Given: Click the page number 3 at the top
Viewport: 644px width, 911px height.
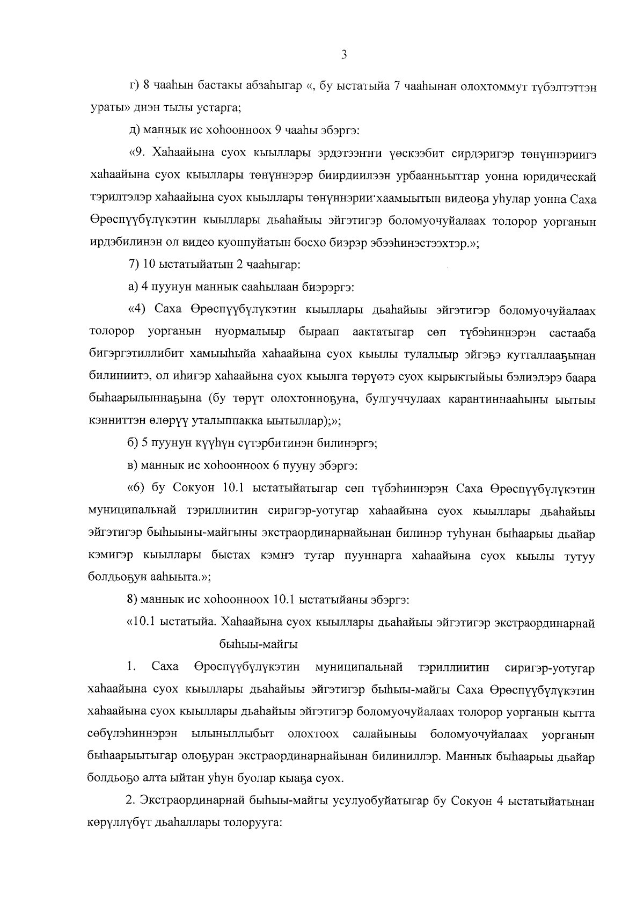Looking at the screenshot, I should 343,55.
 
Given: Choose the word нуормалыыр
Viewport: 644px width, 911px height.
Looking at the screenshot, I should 250,332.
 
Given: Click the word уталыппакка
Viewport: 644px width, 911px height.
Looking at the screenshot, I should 231,421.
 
